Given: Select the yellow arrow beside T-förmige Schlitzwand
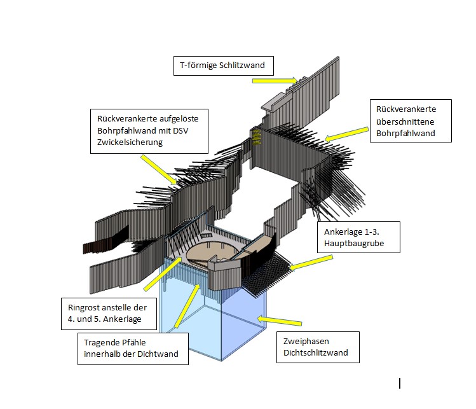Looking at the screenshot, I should pos(275,80).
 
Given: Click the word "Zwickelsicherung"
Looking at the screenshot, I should pos(130,142).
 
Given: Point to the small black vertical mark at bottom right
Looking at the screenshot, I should pos(400,383).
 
